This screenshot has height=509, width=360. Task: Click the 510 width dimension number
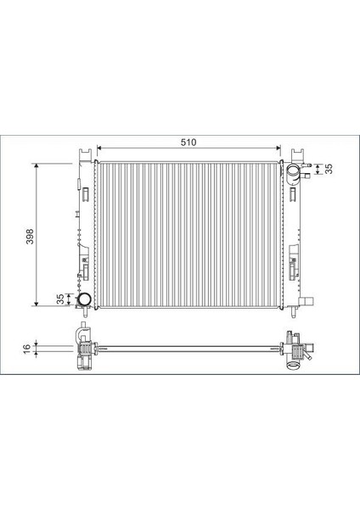pos(188,143)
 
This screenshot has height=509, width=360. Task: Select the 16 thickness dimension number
pos(28,348)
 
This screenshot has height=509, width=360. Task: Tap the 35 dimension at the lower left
pos(59,299)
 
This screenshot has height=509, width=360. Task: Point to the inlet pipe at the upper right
pos(294,176)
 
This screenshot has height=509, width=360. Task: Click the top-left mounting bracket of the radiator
pos(83,156)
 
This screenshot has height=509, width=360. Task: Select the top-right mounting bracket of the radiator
pos(298,156)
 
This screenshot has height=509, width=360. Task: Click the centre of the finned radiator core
pos(188,233)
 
